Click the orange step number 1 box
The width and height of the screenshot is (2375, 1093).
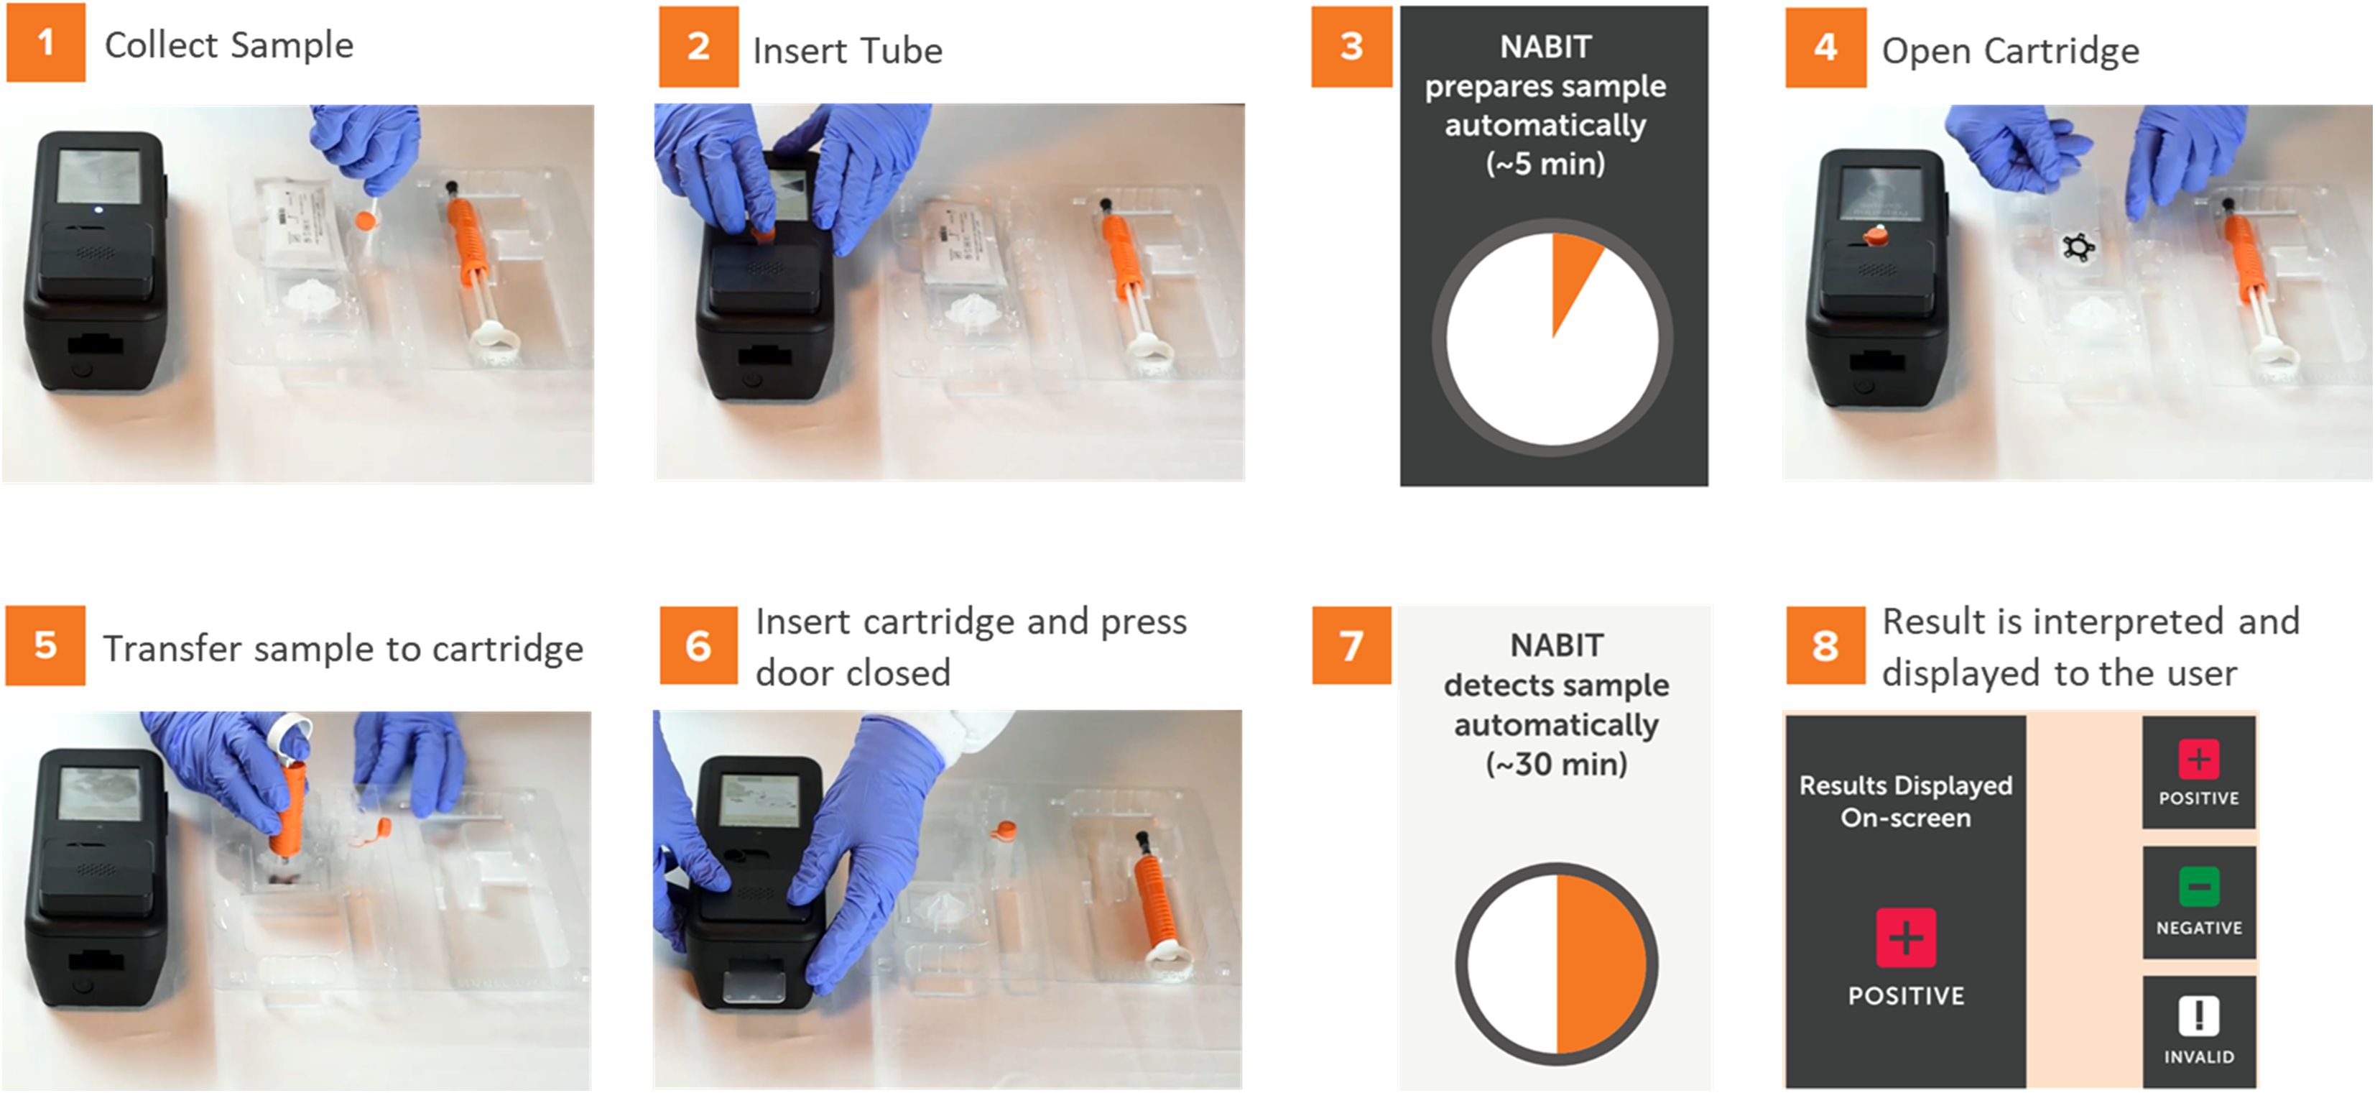point(45,42)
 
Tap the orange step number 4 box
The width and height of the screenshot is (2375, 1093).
point(1825,48)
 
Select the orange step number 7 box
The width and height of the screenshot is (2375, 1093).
point(1351,645)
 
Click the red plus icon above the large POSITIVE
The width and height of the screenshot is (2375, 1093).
point(1906,938)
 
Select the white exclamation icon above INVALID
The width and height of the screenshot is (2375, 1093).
point(2199,1016)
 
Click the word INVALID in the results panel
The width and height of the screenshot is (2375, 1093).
point(2199,1057)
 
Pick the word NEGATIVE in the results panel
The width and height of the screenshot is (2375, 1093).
point(2199,928)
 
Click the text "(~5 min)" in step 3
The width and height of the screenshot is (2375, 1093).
point(1545,164)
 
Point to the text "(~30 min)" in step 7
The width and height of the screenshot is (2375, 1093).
point(1556,765)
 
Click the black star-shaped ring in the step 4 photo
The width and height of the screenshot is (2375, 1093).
point(2078,247)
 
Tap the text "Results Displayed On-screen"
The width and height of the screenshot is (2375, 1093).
point(1906,801)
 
